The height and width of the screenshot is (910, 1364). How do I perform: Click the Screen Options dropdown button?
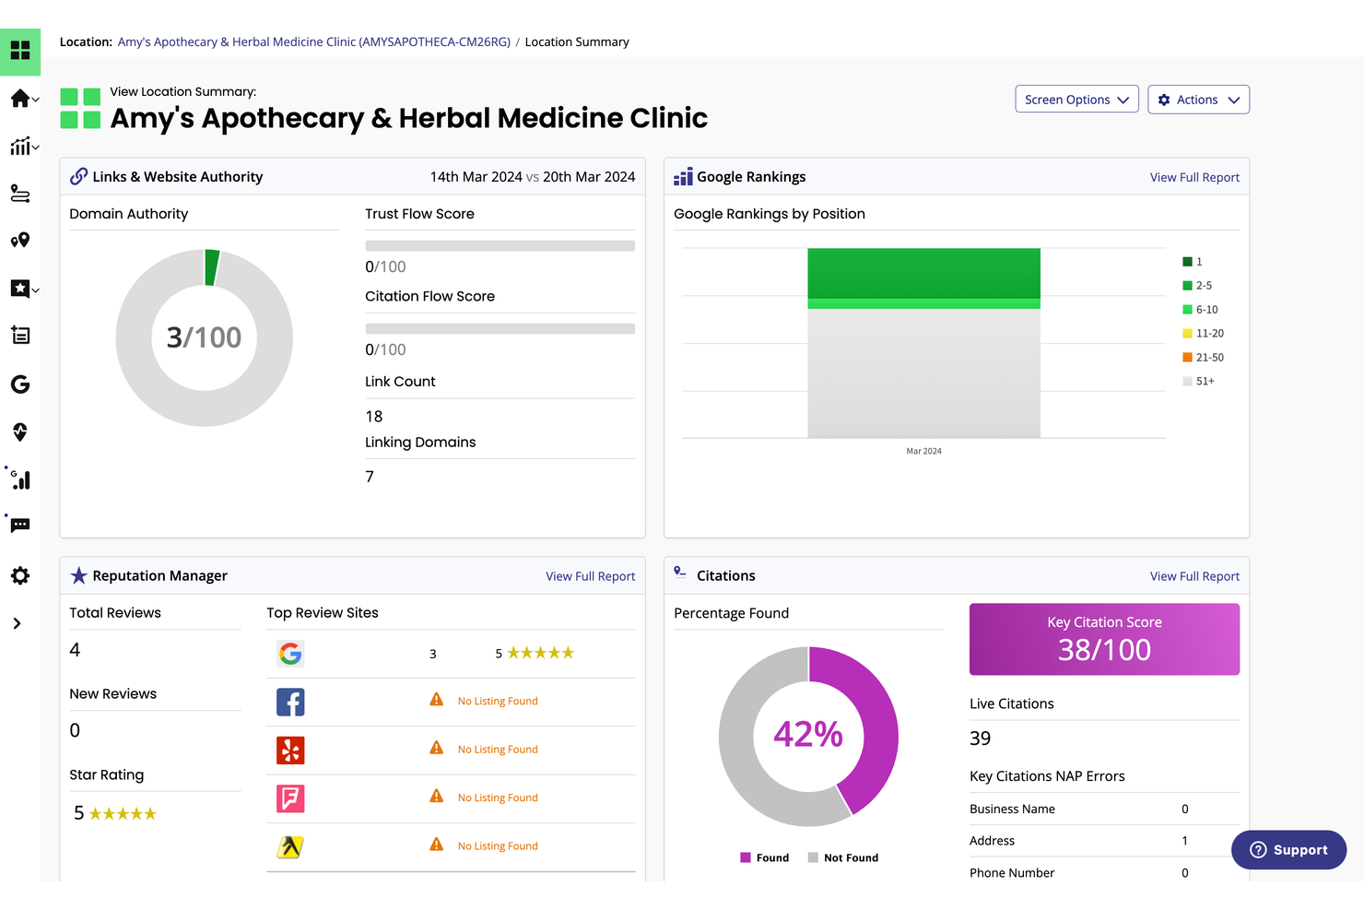pos(1076,100)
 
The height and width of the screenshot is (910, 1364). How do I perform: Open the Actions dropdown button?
pos(1197,100)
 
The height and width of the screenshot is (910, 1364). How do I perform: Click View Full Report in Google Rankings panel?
pos(1193,177)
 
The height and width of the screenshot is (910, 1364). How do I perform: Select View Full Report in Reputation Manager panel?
pos(590,576)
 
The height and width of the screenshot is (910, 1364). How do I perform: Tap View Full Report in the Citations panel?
pos(1193,576)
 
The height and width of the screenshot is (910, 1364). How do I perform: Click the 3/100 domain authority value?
pos(204,337)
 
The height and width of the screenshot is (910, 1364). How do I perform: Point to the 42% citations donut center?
pos(808,735)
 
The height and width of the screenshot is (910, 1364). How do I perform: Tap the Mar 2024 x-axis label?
pos(923,451)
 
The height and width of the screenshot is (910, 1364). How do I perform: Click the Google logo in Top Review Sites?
pos(290,654)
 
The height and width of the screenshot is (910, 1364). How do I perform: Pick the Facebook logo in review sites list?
pos(290,703)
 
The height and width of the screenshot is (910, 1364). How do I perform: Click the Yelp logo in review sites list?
pos(290,750)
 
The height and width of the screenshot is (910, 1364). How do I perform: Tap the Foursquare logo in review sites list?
pos(290,798)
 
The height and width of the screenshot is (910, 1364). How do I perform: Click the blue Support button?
pos(1288,850)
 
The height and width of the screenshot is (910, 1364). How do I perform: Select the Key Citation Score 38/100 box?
pos(1104,639)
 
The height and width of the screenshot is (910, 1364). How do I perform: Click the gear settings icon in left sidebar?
pos(20,576)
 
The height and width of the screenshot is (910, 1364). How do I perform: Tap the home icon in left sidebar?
pos(19,99)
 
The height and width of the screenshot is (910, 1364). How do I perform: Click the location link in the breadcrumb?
pos(313,42)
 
